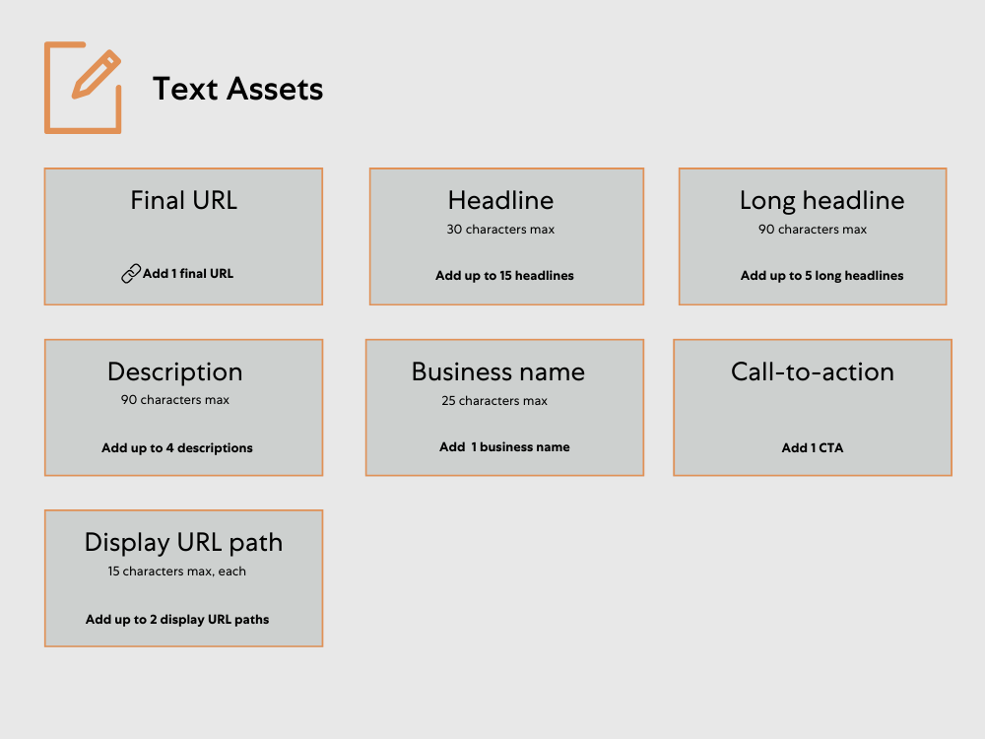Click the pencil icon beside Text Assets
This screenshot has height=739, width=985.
[84, 87]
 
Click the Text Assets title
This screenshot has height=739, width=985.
[237, 89]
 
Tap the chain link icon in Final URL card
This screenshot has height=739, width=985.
[131, 274]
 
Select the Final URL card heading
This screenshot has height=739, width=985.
[184, 200]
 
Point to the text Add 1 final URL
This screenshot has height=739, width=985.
[188, 273]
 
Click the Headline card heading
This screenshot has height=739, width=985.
[500, 200]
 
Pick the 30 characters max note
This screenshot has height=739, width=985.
[500, 230]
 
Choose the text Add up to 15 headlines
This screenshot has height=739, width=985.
[504, 276]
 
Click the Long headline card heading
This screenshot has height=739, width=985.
[821, 200]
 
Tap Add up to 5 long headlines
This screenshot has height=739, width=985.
[821, 276]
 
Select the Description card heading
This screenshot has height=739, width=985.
[175, 371]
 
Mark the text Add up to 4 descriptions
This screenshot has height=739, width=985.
[177, 447]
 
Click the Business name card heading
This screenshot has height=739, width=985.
[498, 371]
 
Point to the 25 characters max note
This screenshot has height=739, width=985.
[494, 401]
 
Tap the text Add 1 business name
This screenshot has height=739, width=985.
[504, 446]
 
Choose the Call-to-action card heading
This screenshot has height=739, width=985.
[813, 371]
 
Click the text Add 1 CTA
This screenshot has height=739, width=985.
[813, 447]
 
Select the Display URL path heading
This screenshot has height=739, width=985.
[183, 542]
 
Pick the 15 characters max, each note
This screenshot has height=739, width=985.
[177, 571]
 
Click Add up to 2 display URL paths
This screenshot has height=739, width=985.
[177, 620]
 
